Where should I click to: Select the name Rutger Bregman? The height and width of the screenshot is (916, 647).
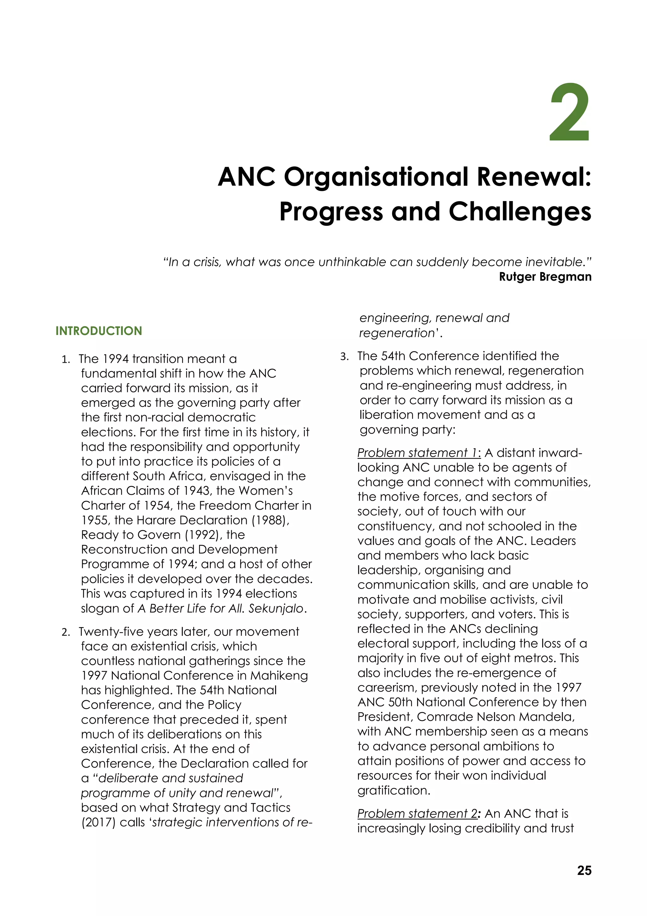545,277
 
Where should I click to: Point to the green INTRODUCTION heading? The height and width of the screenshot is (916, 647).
99,331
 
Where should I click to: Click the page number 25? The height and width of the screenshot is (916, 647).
584,870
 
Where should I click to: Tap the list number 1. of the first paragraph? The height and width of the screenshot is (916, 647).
66,359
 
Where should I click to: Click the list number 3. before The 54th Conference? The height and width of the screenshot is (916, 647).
344,357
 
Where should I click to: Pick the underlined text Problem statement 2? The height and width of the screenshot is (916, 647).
417,814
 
